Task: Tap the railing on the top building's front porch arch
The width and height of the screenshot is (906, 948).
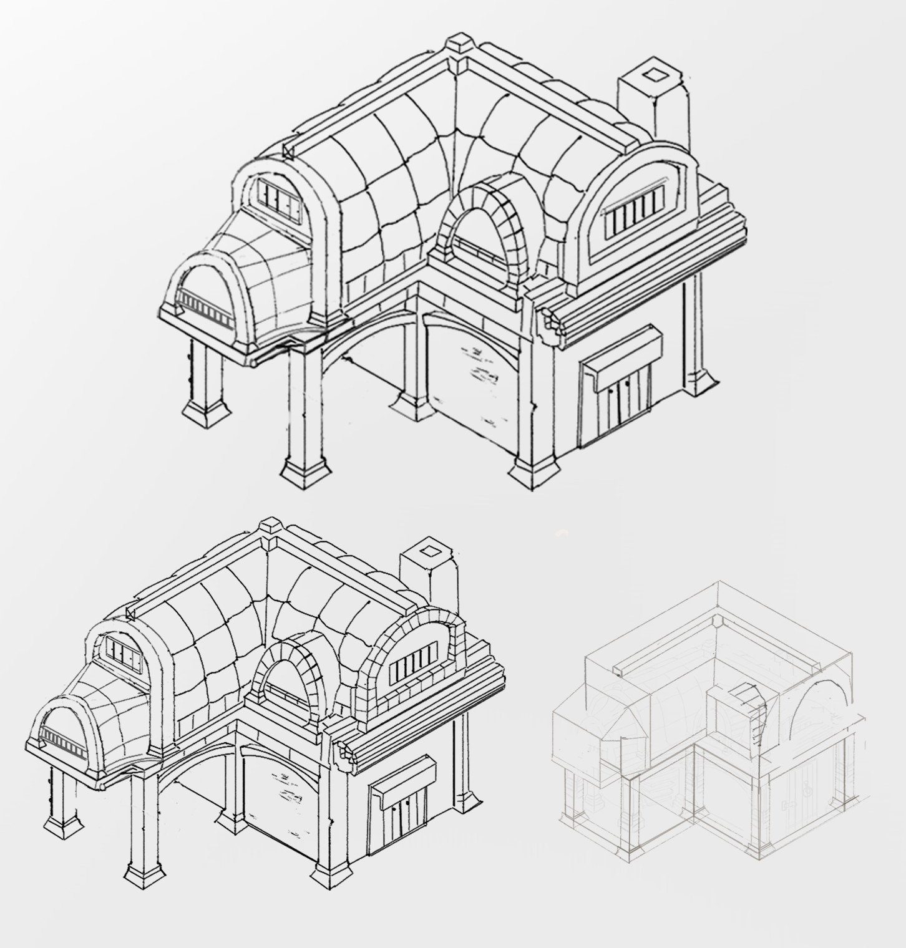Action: (x=203, y=306)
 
